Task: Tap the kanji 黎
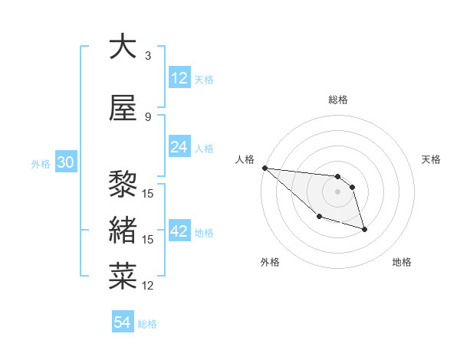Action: [x=123, y=185]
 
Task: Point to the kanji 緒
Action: [x=123, y=231]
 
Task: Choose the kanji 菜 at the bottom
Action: [x=123, y=277]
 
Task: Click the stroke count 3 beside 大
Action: [x=147, y=56]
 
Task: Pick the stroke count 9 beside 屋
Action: [x=147, y=117]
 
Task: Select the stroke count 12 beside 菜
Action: [x=149, y=286]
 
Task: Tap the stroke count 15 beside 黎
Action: [x=149, y=193]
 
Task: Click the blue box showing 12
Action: [x=179, y=78]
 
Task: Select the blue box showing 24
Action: [x=179, y=147]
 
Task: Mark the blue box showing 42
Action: [x=179, y=231]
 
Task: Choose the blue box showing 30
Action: [x=65, y=163]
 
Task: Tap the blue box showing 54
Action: [x=123, y=322]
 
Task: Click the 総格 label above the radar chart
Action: [x=338, y=100]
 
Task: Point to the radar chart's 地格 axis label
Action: [x=402, y=263]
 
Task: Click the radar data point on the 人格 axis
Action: [x=264, y=168]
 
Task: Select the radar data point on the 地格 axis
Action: [x=364, y=229]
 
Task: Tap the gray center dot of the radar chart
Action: [x=337, y=191]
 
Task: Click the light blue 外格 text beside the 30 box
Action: [x=41, y=164]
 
